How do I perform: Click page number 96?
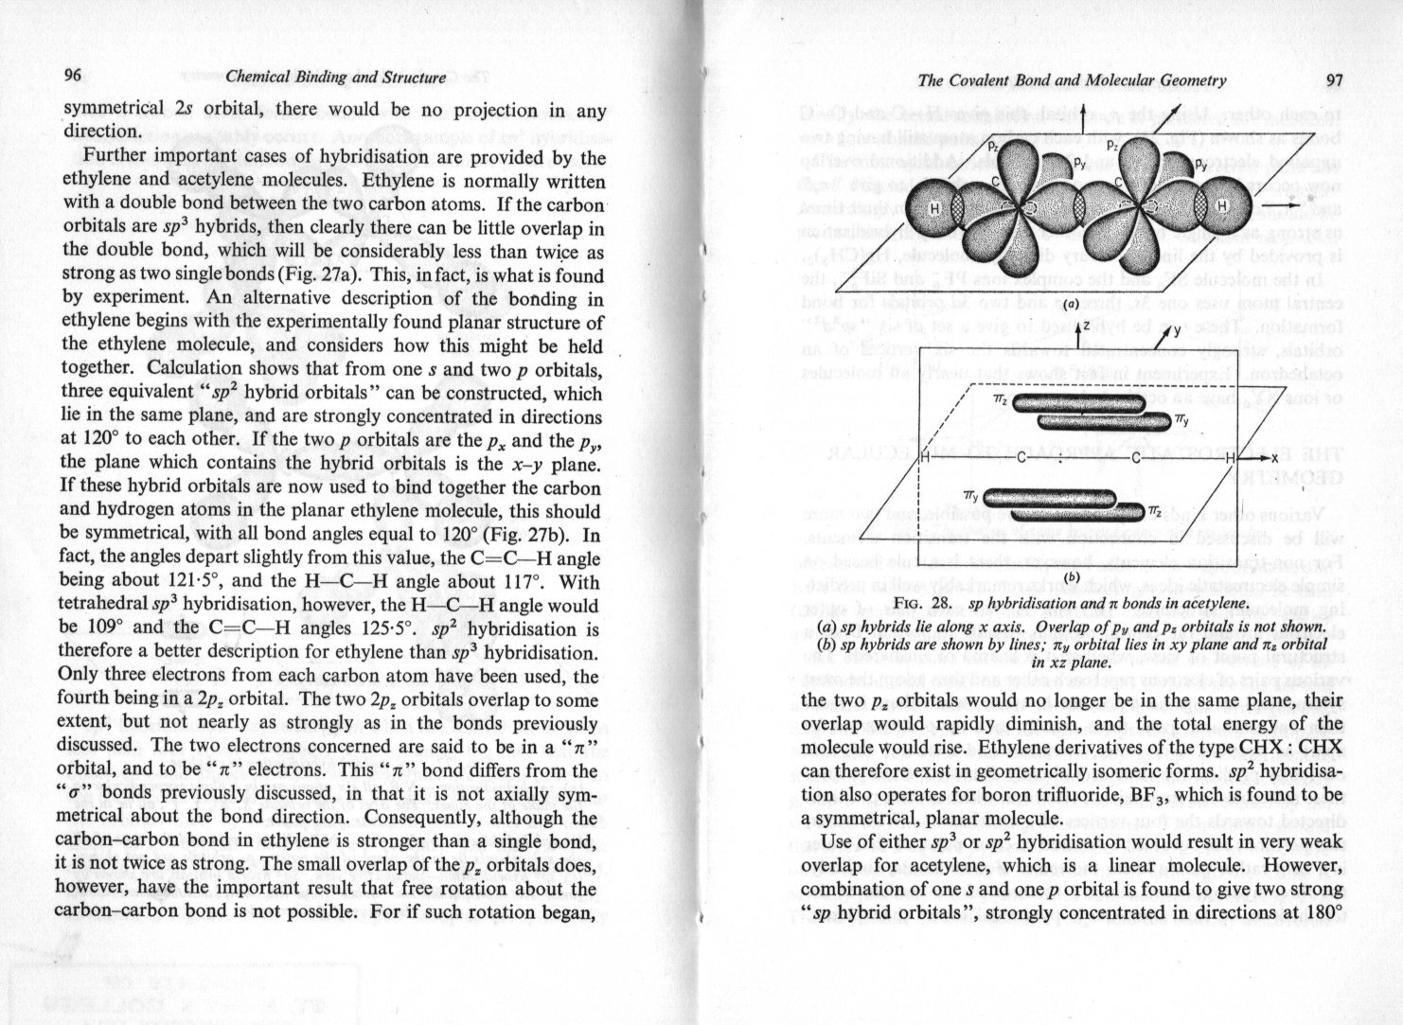pyautogui.click(x=74, y=77)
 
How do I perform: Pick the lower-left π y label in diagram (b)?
pyautogui.click(x=970, y=496)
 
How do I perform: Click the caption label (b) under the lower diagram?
pyautogui.click(x=1072, y=576)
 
